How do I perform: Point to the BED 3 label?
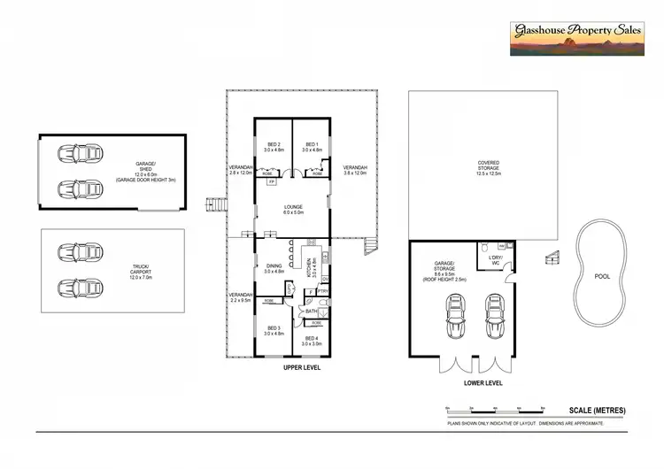[x=274, y=329]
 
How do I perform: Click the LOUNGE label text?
[x=293, y=209]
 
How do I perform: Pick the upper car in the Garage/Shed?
[x=76, y=154]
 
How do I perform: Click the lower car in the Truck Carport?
[x=76, y=288]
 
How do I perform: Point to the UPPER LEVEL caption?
[x=301, y=366]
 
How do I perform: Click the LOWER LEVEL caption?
[x=483, y=383]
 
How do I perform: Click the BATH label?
[x=311, y=311]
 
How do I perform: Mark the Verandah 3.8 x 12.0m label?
[x=354, y=171]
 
